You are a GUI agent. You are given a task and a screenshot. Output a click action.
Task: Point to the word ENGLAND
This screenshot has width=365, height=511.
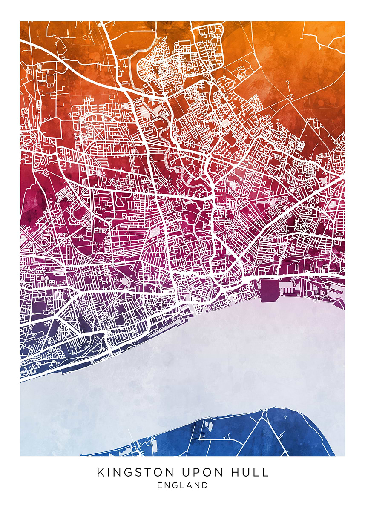[x=183, y=485]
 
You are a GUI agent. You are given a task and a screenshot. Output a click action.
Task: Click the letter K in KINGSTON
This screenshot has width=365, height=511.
[x=101, y=472]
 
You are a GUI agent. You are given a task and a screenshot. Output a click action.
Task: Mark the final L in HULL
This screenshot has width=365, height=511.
[x=266, y=472]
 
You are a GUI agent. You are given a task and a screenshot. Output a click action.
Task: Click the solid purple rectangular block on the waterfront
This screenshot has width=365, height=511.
[x=270, y=291]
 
